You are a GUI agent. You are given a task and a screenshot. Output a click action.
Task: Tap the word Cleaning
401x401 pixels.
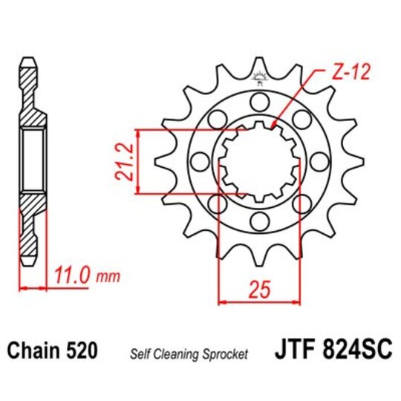177,353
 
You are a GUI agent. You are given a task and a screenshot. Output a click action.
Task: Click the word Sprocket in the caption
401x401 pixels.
226,353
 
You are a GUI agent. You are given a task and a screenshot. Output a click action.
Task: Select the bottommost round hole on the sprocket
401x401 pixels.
258,221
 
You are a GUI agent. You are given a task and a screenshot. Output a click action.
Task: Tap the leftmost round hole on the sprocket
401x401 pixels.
198,160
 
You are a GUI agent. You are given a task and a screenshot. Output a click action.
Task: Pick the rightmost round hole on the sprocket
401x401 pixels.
319,160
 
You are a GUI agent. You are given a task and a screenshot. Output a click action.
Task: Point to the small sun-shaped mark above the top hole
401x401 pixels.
259,75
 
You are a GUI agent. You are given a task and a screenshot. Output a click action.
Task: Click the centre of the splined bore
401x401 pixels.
258,160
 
